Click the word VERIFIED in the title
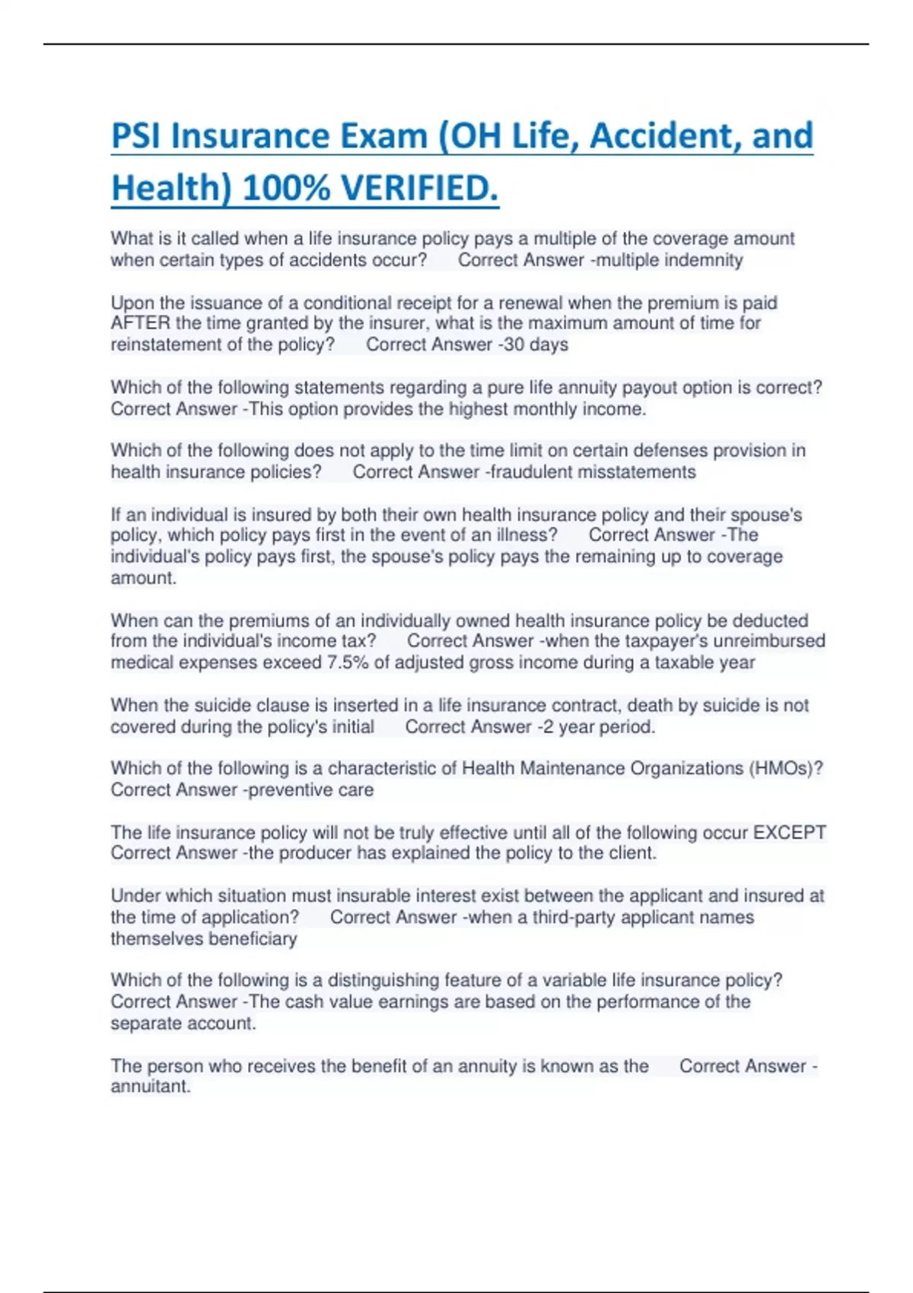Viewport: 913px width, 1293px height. (419, 188)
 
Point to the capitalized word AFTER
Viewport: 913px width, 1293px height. (140, 323)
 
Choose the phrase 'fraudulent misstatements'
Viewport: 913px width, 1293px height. (593, 472)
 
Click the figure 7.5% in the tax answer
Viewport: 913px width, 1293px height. (348, 662)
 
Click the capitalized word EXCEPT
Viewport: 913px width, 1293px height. (789, 832)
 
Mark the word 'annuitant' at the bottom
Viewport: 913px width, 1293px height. (150, 1087)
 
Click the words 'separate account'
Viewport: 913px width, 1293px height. (183, 1024)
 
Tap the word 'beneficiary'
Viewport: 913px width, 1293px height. (253, 939)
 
